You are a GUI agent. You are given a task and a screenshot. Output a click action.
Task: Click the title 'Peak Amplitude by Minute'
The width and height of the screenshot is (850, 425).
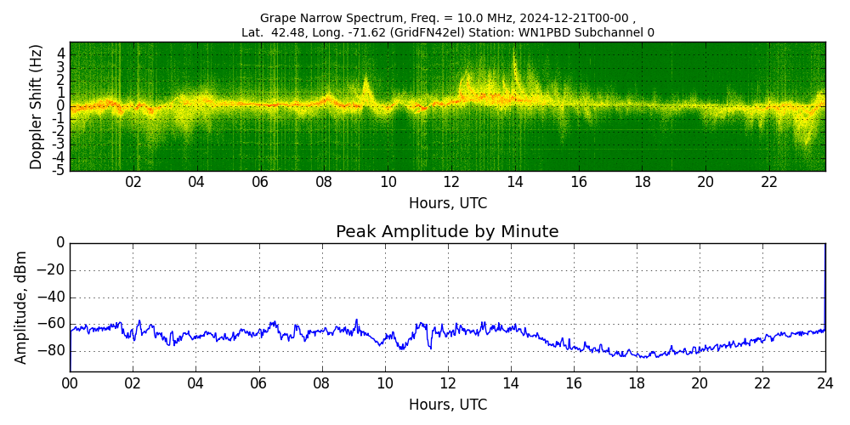coord(447,232)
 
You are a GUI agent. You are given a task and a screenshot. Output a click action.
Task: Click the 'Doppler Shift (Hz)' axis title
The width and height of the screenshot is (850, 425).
coord(37,106)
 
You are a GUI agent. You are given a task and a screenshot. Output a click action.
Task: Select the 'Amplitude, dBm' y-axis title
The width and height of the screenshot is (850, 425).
coord(21,307)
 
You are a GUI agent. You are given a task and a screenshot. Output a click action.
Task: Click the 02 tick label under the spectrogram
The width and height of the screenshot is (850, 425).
coord(133,182)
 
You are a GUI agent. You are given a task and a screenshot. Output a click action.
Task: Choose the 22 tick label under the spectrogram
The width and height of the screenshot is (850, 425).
coord(769,182)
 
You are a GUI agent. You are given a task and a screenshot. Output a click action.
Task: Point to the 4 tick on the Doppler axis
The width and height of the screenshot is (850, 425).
coord(60,53)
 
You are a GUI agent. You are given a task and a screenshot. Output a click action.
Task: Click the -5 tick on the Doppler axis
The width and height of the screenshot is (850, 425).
coord(58,170)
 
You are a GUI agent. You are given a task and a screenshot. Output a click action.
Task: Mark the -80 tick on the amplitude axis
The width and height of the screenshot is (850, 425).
coord(52,350)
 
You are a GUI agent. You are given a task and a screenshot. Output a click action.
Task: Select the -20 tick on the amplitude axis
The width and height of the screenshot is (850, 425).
coord(52,270)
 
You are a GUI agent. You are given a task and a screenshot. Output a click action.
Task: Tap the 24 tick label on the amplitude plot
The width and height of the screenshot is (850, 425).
coord(825,383)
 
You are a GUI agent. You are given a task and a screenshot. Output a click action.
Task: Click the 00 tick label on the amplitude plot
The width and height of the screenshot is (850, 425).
coord(70,383)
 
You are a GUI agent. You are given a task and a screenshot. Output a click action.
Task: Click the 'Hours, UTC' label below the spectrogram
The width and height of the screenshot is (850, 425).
coord(448,203)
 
